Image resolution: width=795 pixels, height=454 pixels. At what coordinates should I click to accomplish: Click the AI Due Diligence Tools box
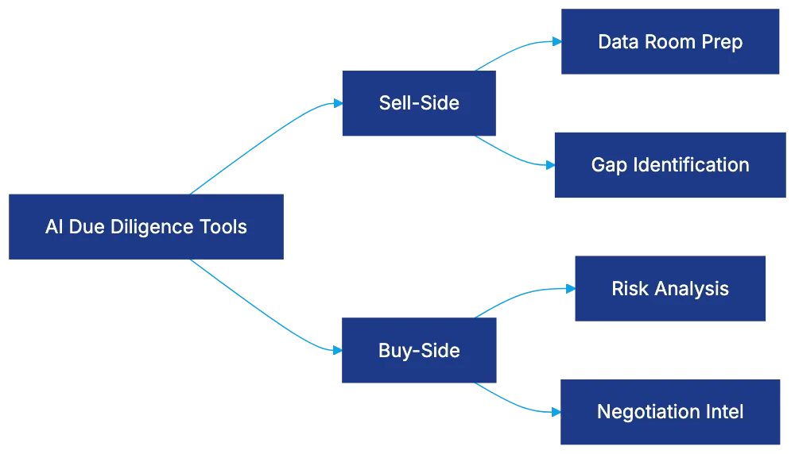click(x=146, y=226)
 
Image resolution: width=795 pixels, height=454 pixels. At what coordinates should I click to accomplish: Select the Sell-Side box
click(x=418, y=103)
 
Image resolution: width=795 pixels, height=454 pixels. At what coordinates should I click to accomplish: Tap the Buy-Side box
click(x=418, y=351)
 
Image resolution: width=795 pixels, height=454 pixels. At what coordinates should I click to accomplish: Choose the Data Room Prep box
click(x=670, y=42)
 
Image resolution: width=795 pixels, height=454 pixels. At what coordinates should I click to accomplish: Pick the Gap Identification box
click(x=670, y=165)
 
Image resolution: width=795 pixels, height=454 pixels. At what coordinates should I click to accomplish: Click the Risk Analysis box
click(x=670, y=288)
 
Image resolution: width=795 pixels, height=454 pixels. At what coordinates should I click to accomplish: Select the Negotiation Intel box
click(x=670, y=412)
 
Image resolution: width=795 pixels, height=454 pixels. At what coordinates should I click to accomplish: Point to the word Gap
click(x=608, y=165)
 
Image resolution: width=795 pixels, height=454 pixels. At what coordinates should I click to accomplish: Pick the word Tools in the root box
click(x=225, y=227)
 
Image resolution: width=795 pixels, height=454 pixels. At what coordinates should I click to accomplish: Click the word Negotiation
click(x=645, y=412)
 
